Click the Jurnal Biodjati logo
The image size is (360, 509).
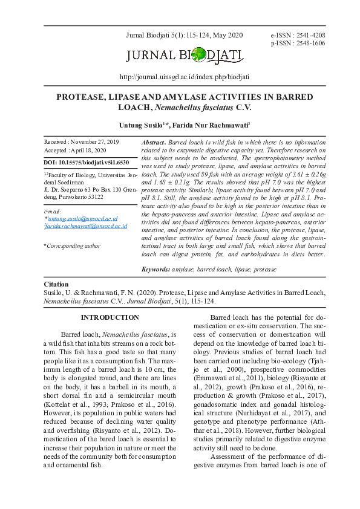(x=185, y=57)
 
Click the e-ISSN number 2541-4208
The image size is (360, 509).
(x=310, y=36)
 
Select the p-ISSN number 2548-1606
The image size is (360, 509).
(x=310, y=44)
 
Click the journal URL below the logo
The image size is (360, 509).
(x=185, y=77)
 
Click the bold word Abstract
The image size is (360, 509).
(x=153, y=141)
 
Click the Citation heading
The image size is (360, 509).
(x=57, y=284)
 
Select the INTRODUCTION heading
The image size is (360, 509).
(x=110, y=318)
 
